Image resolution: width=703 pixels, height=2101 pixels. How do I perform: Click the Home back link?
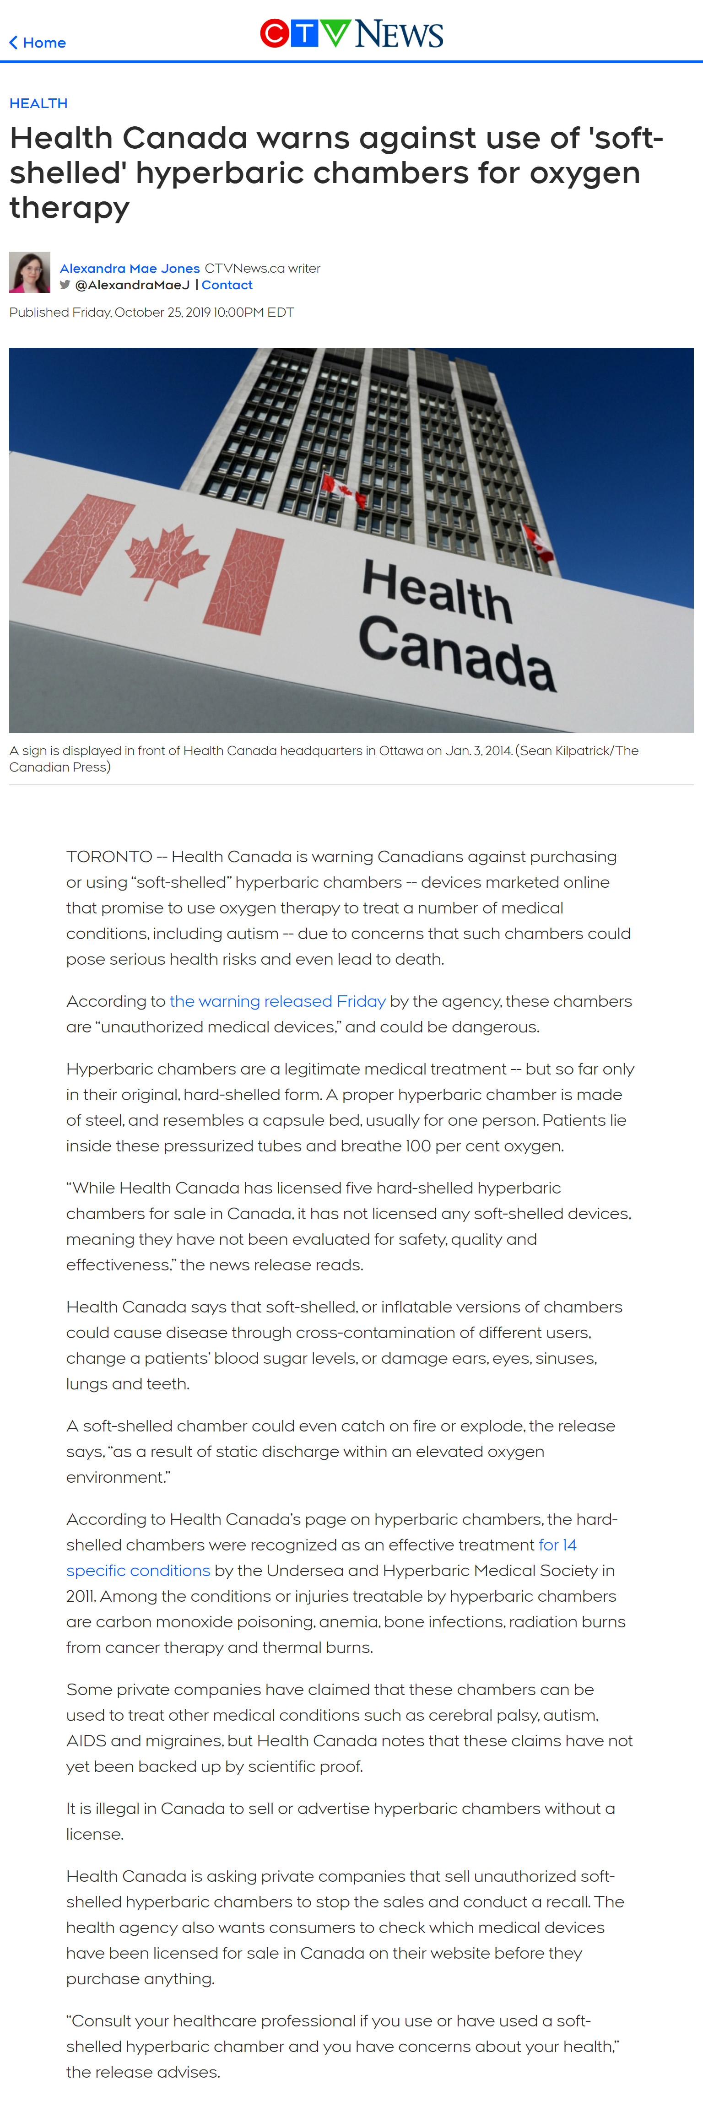pos(38,43)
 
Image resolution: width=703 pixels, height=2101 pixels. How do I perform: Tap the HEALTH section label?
pos(38,103)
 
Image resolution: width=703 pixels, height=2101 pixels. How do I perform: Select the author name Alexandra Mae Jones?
pos(130,268)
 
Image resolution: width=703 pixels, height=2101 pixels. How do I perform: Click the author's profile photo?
pos(29,272)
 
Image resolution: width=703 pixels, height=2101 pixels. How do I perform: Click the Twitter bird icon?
pos(65,285)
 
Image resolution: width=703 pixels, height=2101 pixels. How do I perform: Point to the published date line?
pos(151,313)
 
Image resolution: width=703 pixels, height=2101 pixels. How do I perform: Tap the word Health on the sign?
pos(436,591)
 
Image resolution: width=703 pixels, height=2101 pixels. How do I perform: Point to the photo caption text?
pos(324,758)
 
